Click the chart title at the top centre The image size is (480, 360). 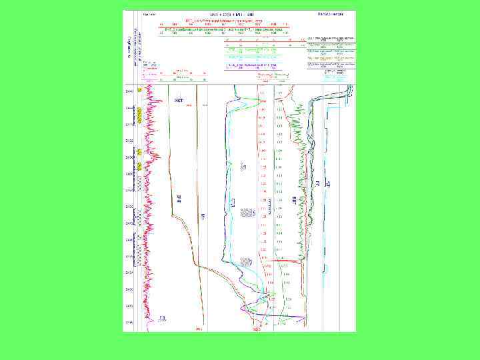tap(223, 13)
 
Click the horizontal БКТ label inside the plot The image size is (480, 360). tap(179, 100)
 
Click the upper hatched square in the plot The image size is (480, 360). tap(247, 213)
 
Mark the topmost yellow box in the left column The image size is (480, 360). tap(139, 89)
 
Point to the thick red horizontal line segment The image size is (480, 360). tap(287, 262)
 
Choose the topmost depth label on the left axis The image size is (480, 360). tap(128, 91)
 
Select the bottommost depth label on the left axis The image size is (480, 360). tap(128, 323)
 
